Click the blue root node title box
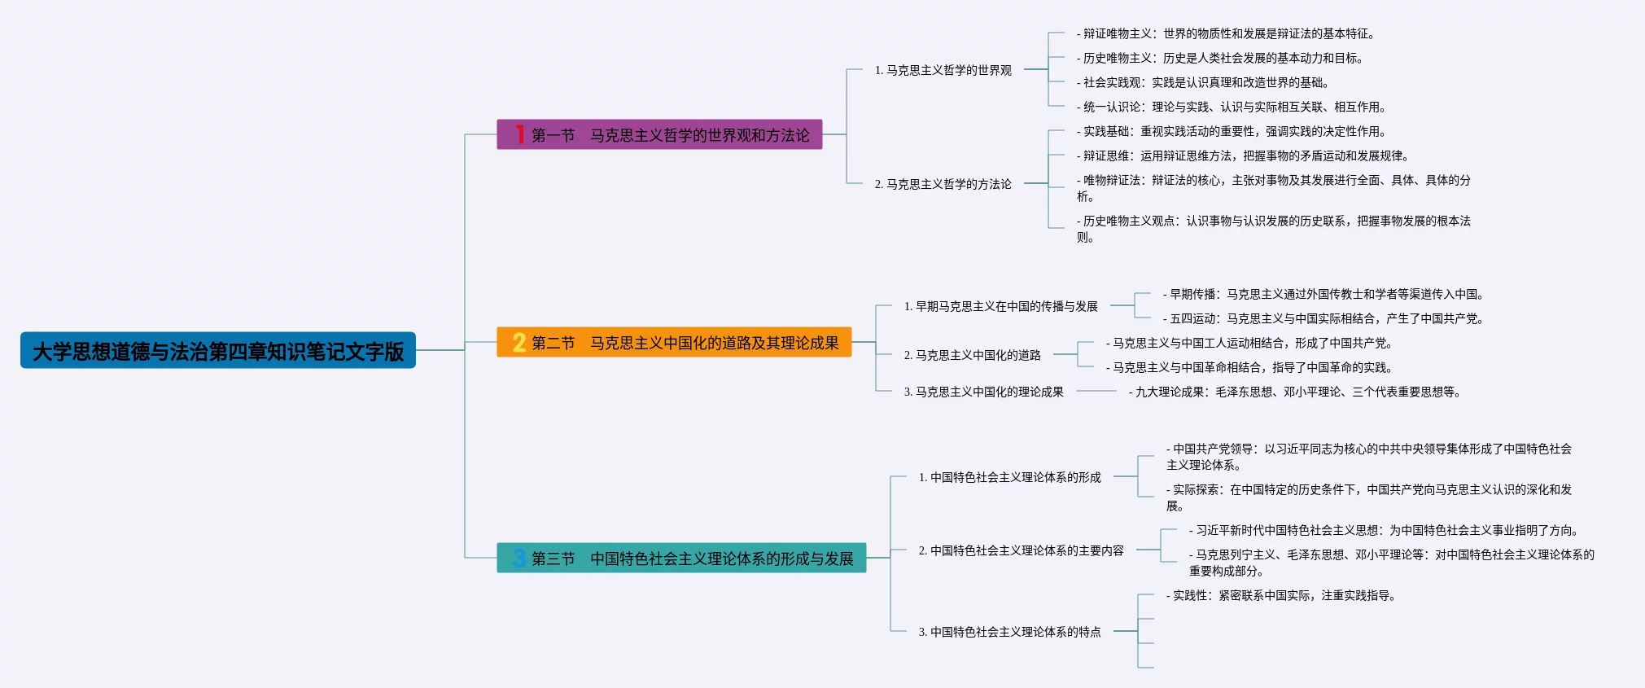[x=218, y=351]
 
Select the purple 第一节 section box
[x=659, y=135]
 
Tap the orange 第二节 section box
[x=674, y=343]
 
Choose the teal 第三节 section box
[x=681, y=559]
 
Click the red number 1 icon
[x=519, y=134]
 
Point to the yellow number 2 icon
[x=519, y=343]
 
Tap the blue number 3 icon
[x=519, y=559]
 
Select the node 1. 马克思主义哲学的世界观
[x=943, y=71]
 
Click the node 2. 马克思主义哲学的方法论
[x=943, y=185]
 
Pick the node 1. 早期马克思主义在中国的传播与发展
[x=1000, y=307]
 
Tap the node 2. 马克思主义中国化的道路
[x=972, y=356]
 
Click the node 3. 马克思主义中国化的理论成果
[x=983, y=392]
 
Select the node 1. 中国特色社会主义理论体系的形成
[x=1009, y=478]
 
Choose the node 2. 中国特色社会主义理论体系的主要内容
[x=1021, y=551]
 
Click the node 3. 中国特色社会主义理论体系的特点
[x=1009, y=633]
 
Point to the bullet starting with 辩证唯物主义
[x=1226, y=34]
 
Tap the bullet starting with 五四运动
[x=1323, y=319]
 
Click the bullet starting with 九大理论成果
[x=1294, y=392]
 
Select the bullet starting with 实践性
[x=1282, y=596]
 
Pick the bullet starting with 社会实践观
[x=1203, y=83]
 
